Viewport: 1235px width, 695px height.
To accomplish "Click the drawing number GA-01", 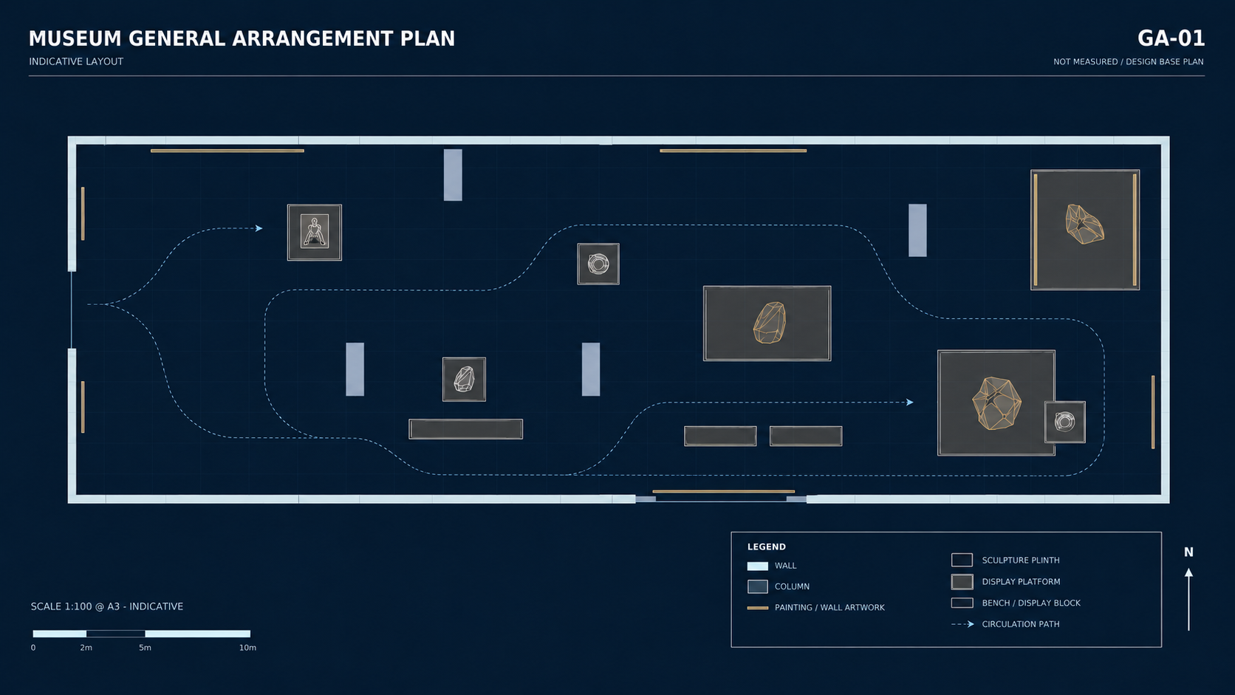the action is (1171, 38).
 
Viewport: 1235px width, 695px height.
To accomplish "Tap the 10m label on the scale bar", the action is (247, 648).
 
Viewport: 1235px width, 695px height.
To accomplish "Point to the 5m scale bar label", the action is (145, 648).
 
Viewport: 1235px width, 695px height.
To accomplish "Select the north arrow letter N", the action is (1188, 552).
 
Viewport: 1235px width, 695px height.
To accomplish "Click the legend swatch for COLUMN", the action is (758, 586).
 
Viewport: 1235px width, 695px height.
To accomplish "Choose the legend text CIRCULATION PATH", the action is (1021, 624).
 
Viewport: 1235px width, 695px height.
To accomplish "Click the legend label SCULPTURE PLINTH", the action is (1021, 561).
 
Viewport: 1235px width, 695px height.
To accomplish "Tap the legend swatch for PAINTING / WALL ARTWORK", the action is (758, 608).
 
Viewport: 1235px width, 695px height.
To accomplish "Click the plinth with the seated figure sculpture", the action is (314, 233).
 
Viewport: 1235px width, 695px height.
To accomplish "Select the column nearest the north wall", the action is (453, 175).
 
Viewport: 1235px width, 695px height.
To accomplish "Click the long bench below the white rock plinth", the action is (466, 429).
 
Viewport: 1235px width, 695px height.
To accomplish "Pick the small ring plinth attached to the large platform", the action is (1064, 422).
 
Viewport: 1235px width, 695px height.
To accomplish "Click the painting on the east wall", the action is (1153, 412).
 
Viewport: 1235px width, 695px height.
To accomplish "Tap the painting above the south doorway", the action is (723, 492).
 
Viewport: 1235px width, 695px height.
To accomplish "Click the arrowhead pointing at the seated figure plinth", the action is (259, 228).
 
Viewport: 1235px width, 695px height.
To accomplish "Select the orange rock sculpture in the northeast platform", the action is (1084, 225).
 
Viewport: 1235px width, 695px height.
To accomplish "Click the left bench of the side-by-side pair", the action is (720, 436).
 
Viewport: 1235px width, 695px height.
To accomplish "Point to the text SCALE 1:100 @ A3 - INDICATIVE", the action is (107, 607).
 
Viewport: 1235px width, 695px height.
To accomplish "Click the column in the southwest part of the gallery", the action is (355, 369).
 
